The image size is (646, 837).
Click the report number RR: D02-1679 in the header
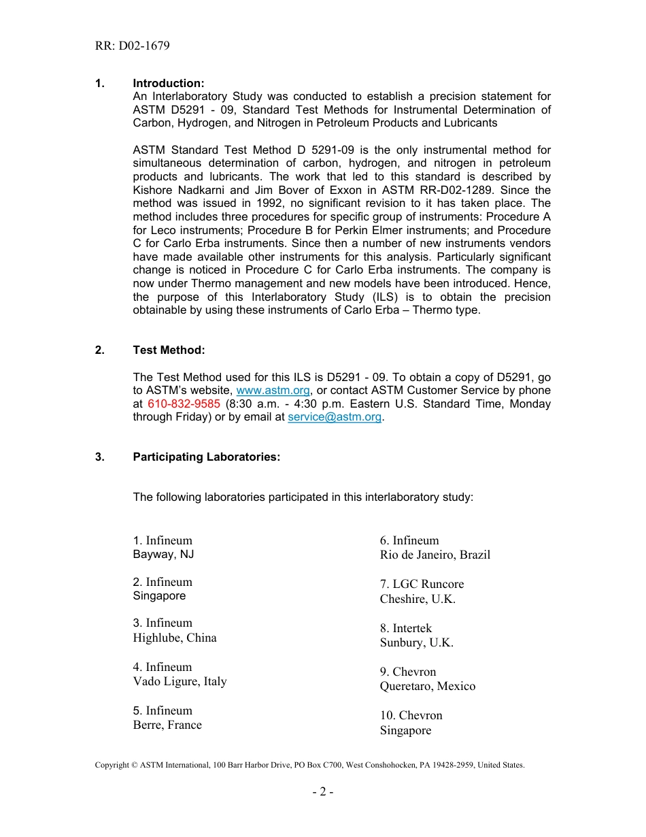133,46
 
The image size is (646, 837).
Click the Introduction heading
168,83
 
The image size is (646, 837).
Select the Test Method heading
169,350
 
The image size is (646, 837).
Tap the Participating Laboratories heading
206,457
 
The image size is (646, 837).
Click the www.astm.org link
273,391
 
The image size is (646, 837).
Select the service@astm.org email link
335,417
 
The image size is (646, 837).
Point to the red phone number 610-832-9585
184,404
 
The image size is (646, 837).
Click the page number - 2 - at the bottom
323,792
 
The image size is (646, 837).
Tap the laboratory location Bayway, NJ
163,555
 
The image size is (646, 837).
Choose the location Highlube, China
175,638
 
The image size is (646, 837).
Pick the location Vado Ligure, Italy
180,681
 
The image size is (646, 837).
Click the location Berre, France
167,725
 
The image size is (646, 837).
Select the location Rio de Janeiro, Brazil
435,555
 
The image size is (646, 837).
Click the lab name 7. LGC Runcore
422,584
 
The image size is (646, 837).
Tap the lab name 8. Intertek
406,628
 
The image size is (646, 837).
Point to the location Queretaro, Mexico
428,686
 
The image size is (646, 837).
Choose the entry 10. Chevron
411,715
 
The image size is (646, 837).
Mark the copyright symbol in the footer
135,765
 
